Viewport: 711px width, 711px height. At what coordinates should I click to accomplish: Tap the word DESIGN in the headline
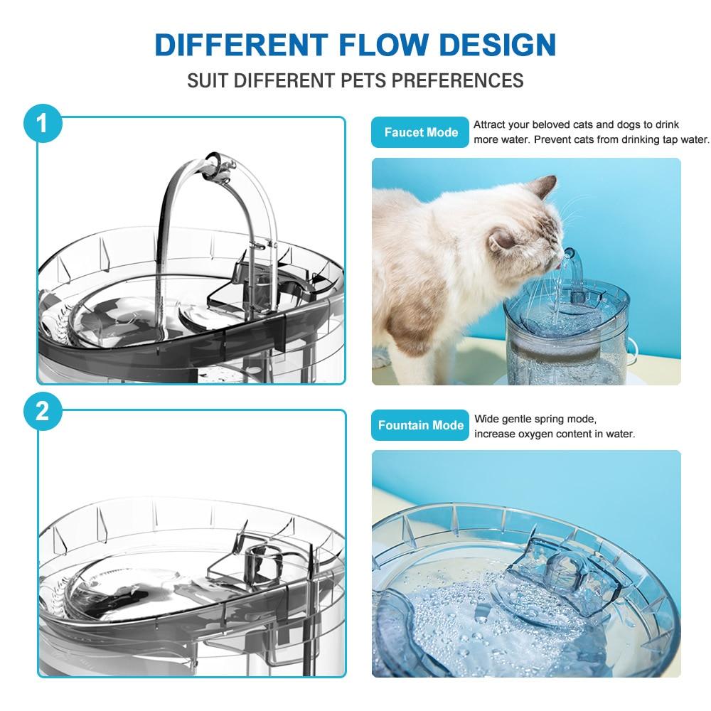point(490,44)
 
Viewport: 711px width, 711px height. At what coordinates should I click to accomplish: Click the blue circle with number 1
point(42,123)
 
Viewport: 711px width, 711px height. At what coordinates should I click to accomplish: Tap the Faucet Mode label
point(420,132)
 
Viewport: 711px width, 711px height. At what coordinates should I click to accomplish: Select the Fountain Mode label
point(420,425)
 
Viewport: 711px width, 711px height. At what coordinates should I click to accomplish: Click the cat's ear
point(544,188)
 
